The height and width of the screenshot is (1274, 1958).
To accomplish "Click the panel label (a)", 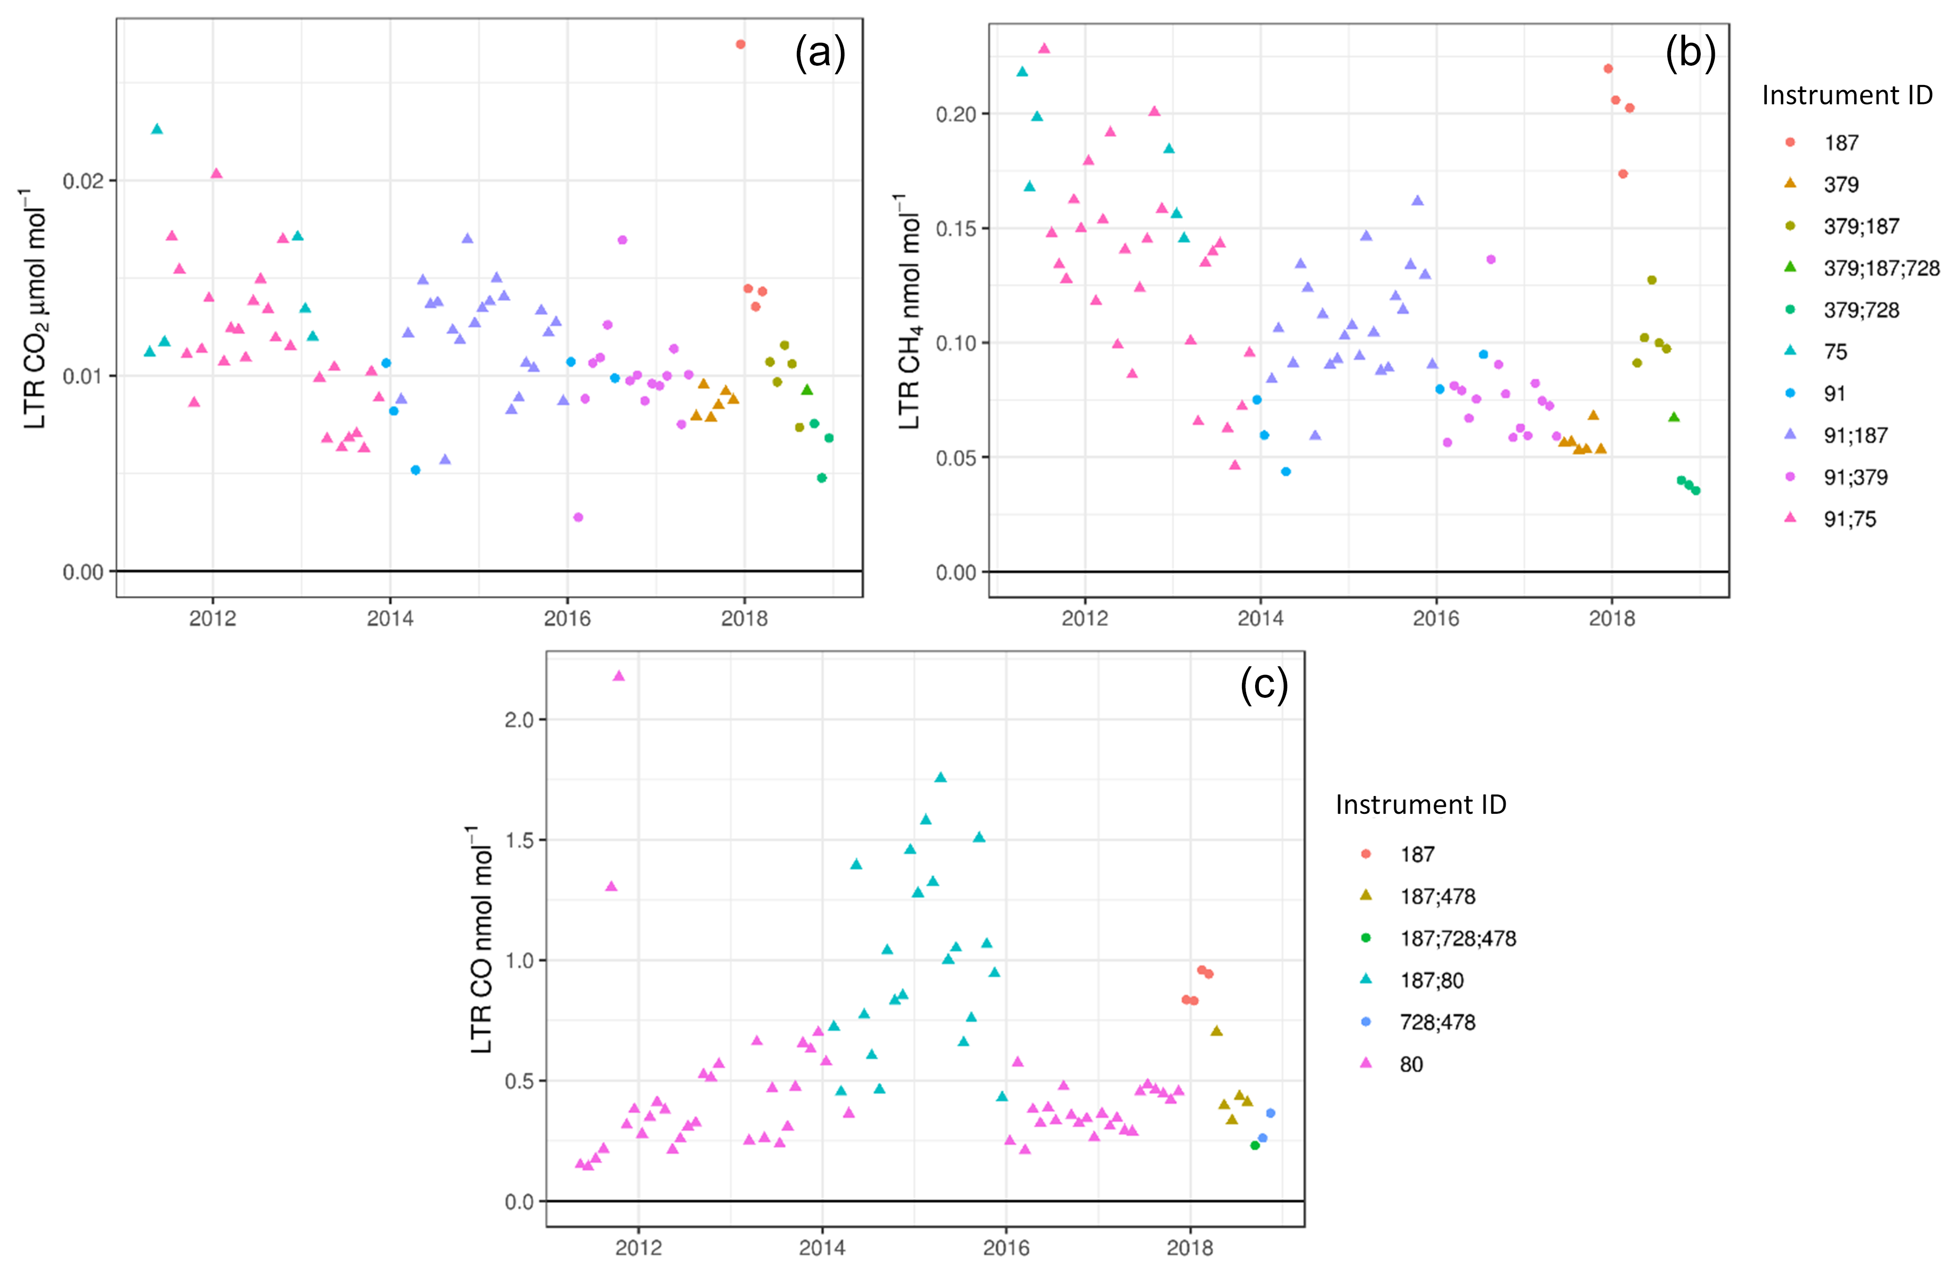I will pyautogui.click(x=819, y=54).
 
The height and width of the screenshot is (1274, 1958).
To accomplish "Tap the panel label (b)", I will pyautogui.click(x=1690, y=54).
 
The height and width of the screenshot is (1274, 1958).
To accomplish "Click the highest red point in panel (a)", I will pyautogui.click(x=740, y=45).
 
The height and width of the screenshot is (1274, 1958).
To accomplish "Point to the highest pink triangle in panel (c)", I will pyautogui.click(x=619, y=676).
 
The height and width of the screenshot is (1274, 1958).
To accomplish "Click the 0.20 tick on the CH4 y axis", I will pyautogui.click(x=956, y=115).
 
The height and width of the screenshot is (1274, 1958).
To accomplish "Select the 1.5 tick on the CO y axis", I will pyautogui.click(x=520, y=840).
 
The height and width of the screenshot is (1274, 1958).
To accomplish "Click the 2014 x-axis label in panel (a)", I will pyautogui.click(x=390, y=619).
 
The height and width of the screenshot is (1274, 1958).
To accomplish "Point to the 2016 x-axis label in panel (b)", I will pyautogui.click(x=1435, y=619).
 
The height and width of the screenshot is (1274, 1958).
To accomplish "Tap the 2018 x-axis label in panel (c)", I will pyautogui.click(x=1190, y=1248).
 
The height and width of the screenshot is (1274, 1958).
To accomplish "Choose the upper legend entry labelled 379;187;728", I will pyautogui.click(x=1881, y=268).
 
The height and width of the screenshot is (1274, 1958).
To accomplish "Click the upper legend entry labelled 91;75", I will pyautogui.click(x=1850, y=519).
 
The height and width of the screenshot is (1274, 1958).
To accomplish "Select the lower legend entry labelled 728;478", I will pyautogui.click(x=1437, y=1022).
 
